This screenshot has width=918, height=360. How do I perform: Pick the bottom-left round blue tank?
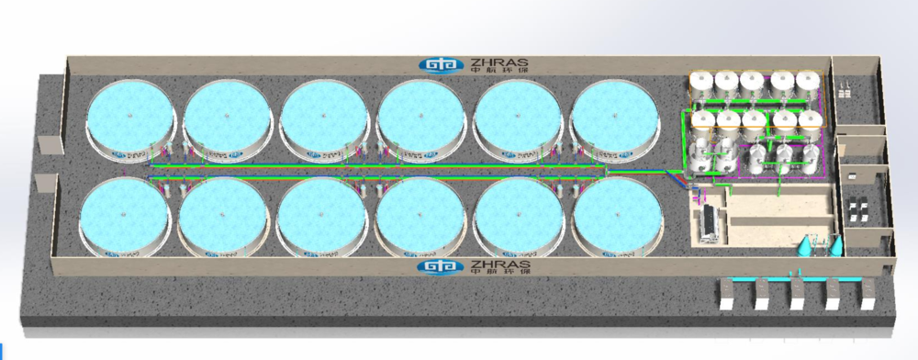(125, 216)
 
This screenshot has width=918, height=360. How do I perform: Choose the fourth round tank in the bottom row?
(420, 217)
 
